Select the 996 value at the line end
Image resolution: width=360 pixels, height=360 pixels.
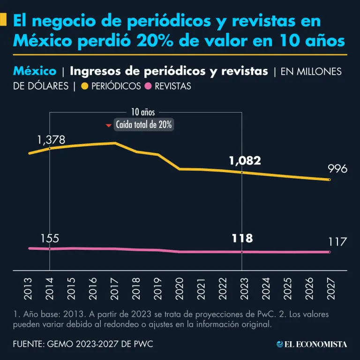[x=337, y=169]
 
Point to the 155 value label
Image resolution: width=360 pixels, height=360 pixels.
[x=50, y=238]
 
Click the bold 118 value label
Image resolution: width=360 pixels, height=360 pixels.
[x=242, y=238]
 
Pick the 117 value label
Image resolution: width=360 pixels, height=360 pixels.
[x=337, y=242]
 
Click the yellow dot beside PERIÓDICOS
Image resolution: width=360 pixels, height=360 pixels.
[x=85, y=86]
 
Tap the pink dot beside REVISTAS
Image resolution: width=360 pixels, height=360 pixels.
[x=149, y=86]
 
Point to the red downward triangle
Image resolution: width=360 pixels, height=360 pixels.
[x=109, y=126]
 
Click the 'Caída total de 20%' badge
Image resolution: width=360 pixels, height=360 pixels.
[x=143, y=125]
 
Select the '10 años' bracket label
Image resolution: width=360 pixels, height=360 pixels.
[x=142, y=112]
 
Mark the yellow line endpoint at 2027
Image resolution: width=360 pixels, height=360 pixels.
[x=330, y=180]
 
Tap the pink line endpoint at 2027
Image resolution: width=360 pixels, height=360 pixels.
[x=330, y=252]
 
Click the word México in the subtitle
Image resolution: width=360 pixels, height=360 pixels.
[x=35, y=71]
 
